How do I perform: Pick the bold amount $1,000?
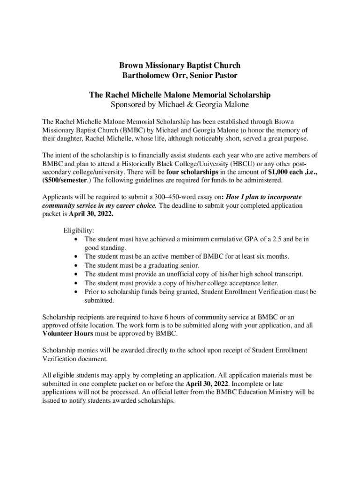coord(278,172)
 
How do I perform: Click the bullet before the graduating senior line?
coord(76,265)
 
